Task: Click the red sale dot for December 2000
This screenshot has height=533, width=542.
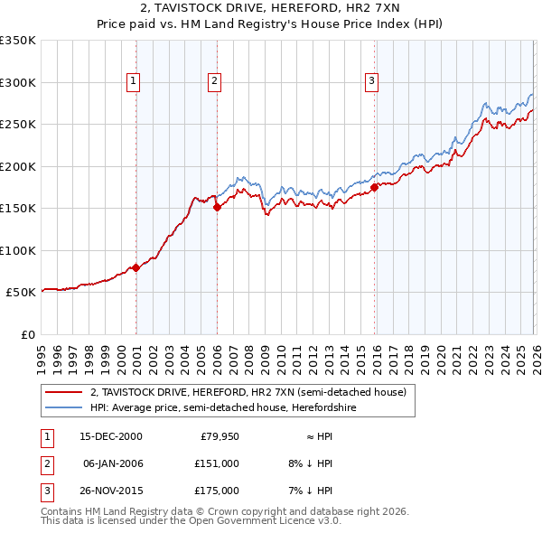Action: (x=135, y=267)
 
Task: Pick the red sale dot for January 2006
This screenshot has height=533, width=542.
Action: (x=217, y=207)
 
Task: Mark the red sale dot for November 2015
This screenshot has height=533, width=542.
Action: (x=374, y=187)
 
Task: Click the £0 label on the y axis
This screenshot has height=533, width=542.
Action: (x=28, y=334)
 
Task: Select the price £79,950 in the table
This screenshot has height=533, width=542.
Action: (x=219, y=436)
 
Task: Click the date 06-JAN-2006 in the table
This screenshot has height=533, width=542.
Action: (x=112, y=464)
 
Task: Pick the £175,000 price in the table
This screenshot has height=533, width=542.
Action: (x=216, y=492)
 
